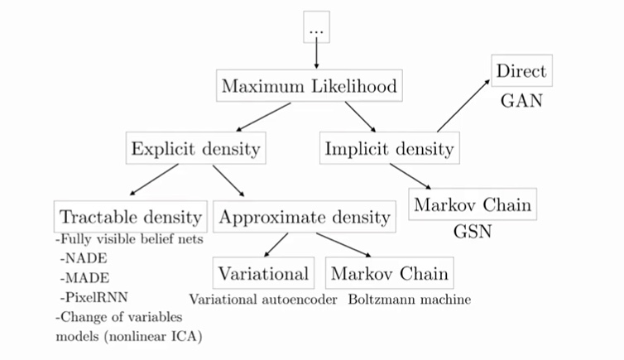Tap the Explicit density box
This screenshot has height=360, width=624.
195,150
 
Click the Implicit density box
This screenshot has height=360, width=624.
388,150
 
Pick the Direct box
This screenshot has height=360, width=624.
519,71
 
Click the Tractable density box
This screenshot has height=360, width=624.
130,218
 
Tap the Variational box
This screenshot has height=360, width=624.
265,273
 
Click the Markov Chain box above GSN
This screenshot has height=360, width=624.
473,204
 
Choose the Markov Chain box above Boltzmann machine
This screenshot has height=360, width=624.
390,273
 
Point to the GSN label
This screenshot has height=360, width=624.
473,232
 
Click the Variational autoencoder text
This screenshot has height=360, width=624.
262,300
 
